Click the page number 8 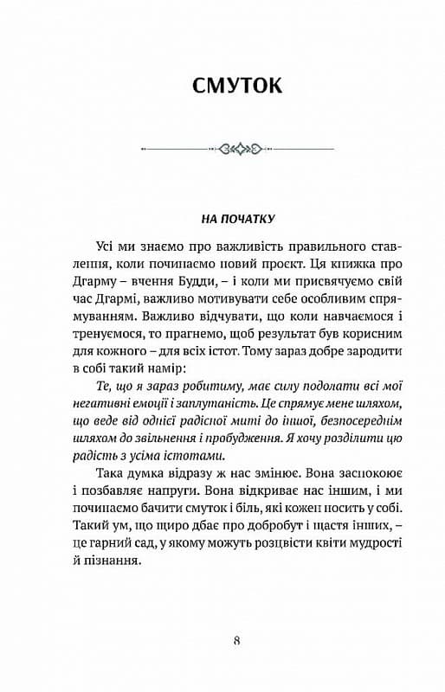click(237, 641)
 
